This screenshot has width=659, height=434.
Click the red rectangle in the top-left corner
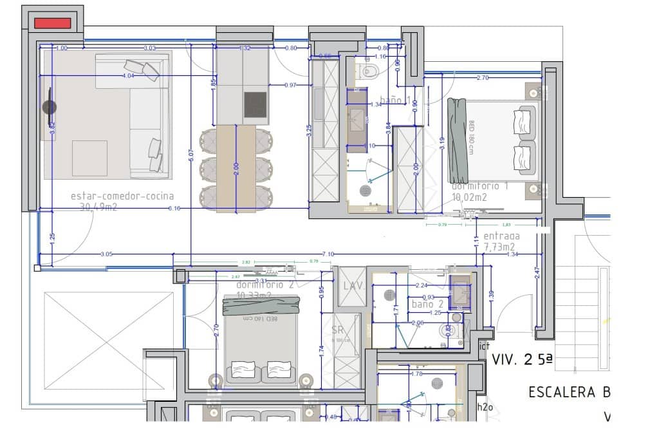pos(52,23)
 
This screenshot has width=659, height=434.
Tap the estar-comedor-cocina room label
pos(122,196)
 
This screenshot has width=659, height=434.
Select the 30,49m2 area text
pos(98,207)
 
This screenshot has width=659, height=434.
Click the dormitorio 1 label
pos(480,186)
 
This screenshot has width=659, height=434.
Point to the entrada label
pos(501,236)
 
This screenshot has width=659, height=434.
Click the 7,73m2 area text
pos(499,247)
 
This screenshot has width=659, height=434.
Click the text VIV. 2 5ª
pos(522,360)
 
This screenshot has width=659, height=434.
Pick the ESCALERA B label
pos(569,392)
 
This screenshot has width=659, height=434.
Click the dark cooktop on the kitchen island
pos(255,104)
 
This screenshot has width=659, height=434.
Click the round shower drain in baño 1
pos(366,190)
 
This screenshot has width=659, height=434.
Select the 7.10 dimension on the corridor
pos(328,254)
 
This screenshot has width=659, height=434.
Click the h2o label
pos(484,406)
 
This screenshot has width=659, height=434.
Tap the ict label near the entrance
pos(484,346)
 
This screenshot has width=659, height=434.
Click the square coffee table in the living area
pos(89,158)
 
